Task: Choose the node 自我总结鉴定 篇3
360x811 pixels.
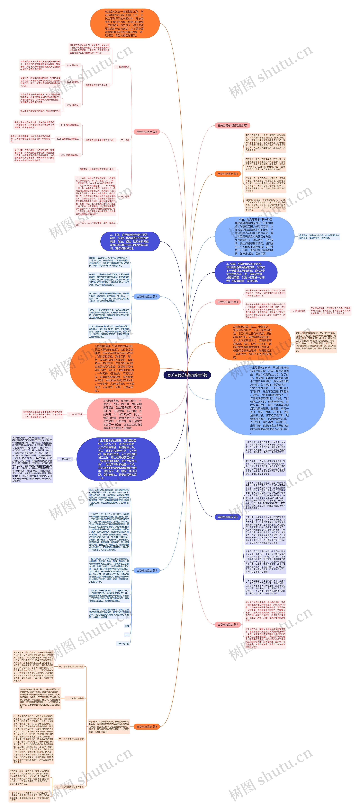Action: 146,297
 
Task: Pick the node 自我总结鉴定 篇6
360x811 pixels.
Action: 146,570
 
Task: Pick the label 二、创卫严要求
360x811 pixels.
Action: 75,414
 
